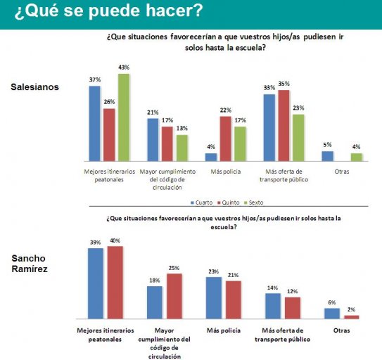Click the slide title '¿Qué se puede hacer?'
tap(108, 11)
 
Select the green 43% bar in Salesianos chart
tap(124, 117)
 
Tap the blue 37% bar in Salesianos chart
tap(94, 124)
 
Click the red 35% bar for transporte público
tap(284, 126)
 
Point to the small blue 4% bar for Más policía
tap(211, 157)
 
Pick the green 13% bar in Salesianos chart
tap(182, 148)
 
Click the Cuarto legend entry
tap(201, 202)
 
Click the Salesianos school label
tap(35, 87)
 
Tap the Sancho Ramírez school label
tap(30, 264)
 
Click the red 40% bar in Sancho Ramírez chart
tap(115, 283)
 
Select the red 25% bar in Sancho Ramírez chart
tap(174, 296)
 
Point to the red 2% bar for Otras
tap(352, 317)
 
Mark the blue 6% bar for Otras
tap(332, 314)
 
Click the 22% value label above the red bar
tap(226, 110)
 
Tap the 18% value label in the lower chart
tap(155, 281)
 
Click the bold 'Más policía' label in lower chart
tap(224, 330)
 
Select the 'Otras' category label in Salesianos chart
tap(342, 172)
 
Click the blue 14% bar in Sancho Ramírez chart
tap(273, 306)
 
